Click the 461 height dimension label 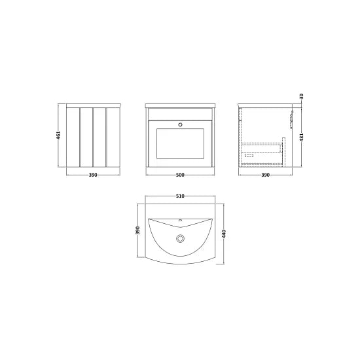pyautogui.click(x=58, y=135)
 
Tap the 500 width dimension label pyautogui.click(x=180, y=175)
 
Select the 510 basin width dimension pyautogui.click(x=180, y=196)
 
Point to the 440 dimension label pyautogui.click(x=225, y=234)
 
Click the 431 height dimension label pyautogui.click(x=302, y=137)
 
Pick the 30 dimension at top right pyautogui.click(x=302, y=96)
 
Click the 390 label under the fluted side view pyautogui.click(x=93, y=175)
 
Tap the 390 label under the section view pyautogui.click(x=265, y=175)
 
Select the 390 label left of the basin pyautogui.click(x=137, y=230)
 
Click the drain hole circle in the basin pyautogui.click(x=180, y=238)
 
